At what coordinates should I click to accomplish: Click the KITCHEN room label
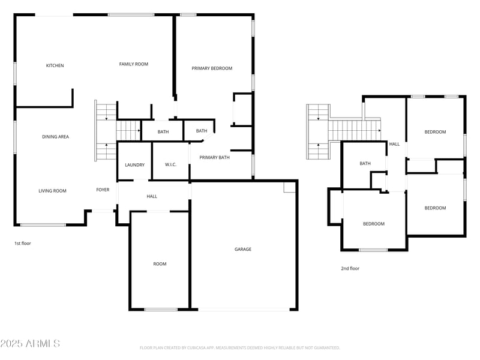(55, 65)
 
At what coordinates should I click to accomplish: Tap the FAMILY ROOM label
(133, 64)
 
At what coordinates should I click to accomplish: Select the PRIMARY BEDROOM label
(212, 68)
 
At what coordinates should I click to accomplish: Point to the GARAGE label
(243, 249)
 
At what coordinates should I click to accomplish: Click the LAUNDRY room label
(134, 165)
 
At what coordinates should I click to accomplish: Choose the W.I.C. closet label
(170, 165)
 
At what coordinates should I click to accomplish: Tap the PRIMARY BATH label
(215, 158)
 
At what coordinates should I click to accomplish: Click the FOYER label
(103, 190)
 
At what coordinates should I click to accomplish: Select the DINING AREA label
(55, 137)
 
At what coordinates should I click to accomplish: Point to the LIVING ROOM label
(52, 191)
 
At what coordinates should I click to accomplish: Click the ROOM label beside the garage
(160, 264)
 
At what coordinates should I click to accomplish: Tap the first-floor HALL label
(152, 196)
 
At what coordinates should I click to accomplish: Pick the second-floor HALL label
(394, 144)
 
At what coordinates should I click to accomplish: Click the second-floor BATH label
(365, 163)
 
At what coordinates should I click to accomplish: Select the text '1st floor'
(22, 244)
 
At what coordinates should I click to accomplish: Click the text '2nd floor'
(350, 268)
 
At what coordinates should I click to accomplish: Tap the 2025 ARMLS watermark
(30, 344)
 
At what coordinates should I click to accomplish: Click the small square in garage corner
(290, 188)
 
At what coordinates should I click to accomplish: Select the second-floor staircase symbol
(345, 128)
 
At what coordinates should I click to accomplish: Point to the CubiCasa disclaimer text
(240, 347)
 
